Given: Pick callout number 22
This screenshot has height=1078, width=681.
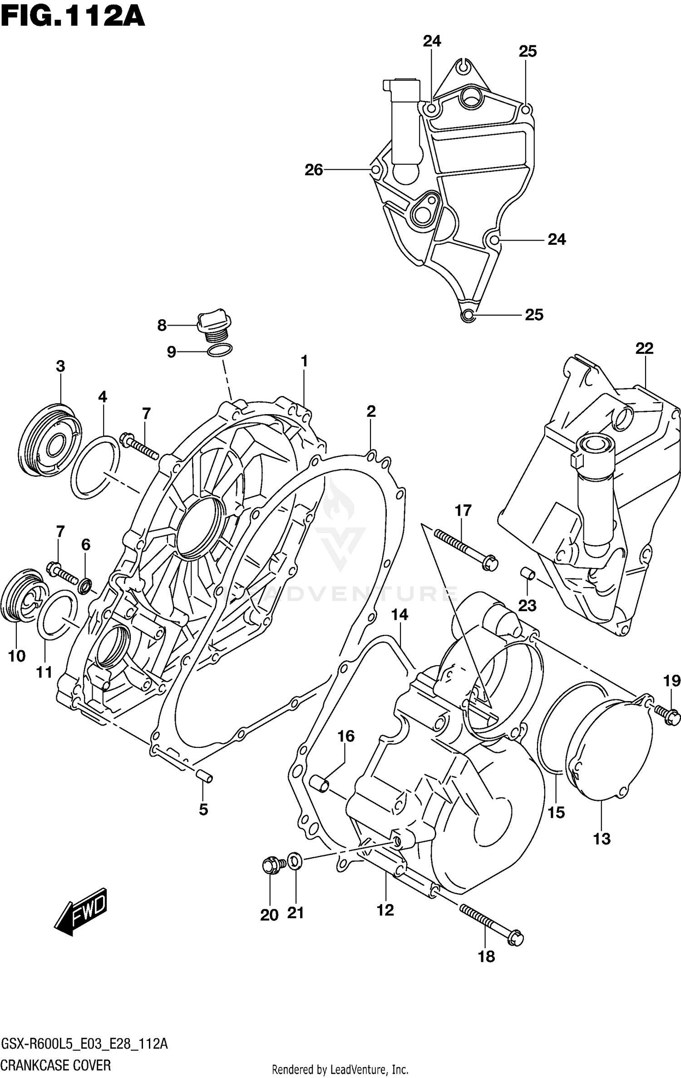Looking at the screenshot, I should click(x=644, y=349).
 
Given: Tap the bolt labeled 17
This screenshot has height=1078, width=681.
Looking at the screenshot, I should click(x=465, y=549).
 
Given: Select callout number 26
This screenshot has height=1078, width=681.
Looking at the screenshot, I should click(x=314, y=170).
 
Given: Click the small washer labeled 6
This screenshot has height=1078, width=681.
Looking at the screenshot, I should click(x=85, y=586).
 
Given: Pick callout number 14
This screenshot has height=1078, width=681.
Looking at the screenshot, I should click(x=400, y=615).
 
